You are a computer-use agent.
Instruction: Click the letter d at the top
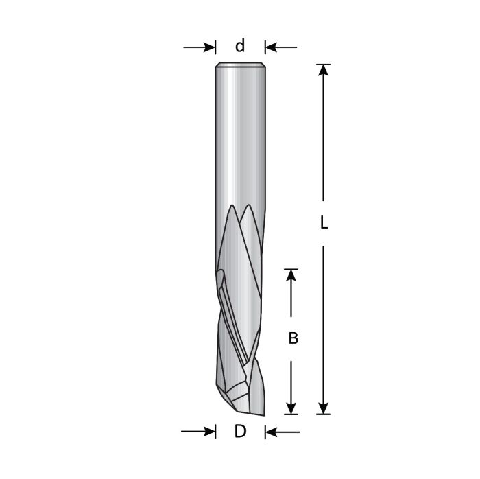pos(240,46)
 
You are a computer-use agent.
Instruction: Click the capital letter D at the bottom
pos(240,432)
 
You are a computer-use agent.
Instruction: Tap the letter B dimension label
pos(293,338)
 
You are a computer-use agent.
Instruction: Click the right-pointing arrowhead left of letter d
pos(209,47)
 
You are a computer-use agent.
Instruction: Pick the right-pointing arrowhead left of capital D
pos(208,432)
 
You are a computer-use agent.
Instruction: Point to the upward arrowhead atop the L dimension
pos(324,71)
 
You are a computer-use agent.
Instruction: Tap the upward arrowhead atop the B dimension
pos(293,275)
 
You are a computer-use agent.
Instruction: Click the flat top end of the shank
pos(240,65)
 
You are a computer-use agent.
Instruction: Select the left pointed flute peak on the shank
pos(232,208)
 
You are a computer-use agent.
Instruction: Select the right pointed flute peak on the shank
pos(249,208)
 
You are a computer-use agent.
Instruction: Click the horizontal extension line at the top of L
pos(324,65)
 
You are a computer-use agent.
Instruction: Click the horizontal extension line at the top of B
pos(293,269)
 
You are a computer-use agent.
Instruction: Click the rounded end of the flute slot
pos(219,277)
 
